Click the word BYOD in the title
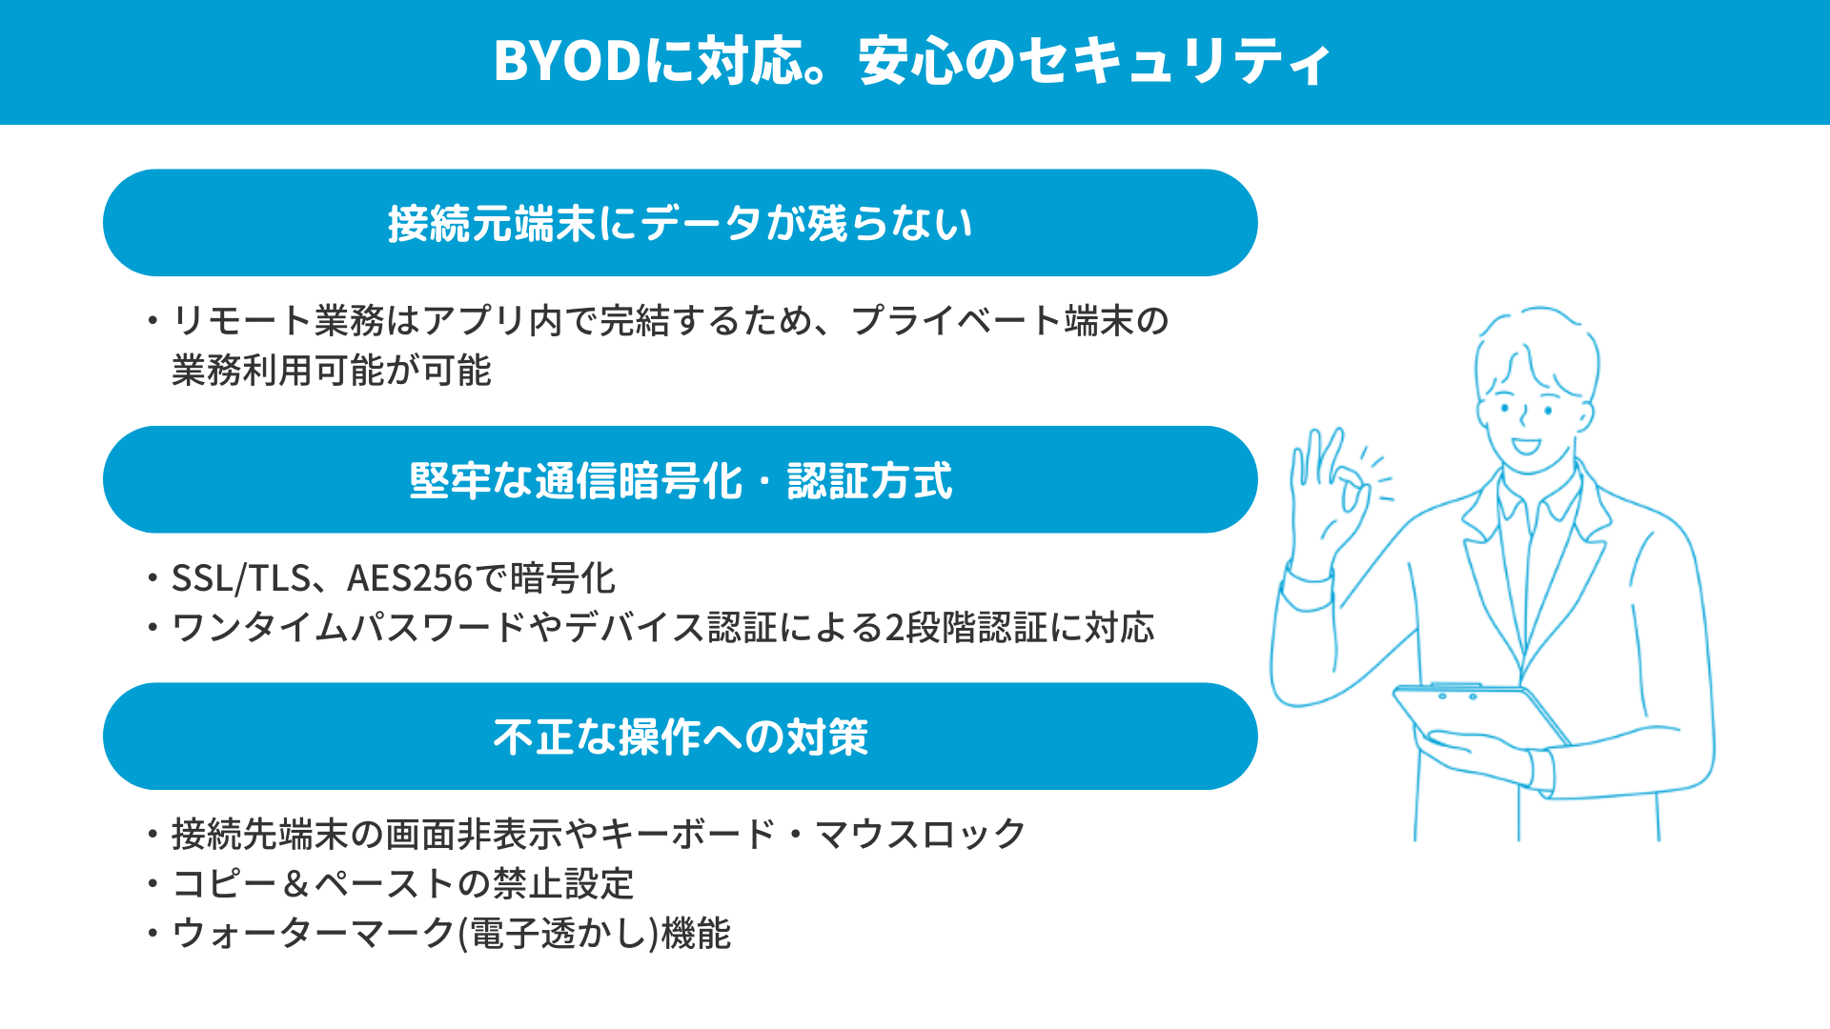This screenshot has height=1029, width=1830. [x=568, y=61]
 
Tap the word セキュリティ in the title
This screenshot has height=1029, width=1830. [x=1174, y=61]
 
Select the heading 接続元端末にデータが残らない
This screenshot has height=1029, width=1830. [x=681, y=224]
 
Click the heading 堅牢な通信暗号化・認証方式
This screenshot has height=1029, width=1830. [x=681, y=480]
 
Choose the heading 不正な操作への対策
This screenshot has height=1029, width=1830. [x=681, y=736]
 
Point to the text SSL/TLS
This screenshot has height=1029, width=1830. [x=241, y=578]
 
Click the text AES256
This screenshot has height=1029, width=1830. [x=410, y=578]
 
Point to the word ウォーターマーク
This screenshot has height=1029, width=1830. [x=314, y=933]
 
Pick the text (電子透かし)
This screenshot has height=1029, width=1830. [x=559, y=933]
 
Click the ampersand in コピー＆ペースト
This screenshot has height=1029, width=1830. [x=296, y=884]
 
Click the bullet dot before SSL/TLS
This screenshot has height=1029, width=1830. [x=152, y=578]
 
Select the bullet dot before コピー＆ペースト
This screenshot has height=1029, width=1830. [x=152, y=884]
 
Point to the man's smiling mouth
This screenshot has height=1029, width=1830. [x=1526, y=446]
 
